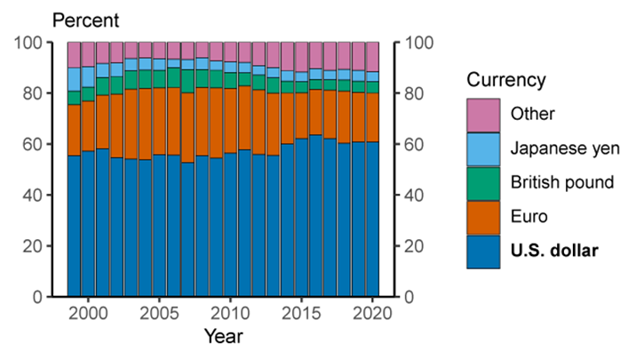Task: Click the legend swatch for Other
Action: pos(482,114)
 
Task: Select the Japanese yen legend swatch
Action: pos(482,148)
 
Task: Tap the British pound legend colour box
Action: pos(482,182)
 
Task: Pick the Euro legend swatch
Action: pos(482,216)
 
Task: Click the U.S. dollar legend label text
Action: pos(554,251)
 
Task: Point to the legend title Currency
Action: pos(507,80)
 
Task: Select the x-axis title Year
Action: pos(221,338)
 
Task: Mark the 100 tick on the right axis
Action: pos(417,43)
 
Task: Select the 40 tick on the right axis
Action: pos(414,195)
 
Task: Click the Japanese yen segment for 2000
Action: pos(88,77)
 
